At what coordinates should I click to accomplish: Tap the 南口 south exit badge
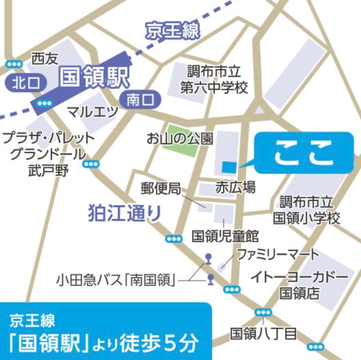pyautogui.click(x=142, y=100)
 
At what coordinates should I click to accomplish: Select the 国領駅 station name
pyautogui.click(x=93, y=76)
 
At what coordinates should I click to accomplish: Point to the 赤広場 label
pyautogui.click(x=235, y=187)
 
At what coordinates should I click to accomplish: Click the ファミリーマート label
pyautogui.click(x=278, y=254)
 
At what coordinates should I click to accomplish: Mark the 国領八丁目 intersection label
pyautogui.click(x=263, y=333)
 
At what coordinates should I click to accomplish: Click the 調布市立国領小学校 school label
pyautogui.click(x=306, y=211)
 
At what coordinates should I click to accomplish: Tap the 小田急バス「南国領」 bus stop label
pyautogui.click(x=117, y=279)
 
